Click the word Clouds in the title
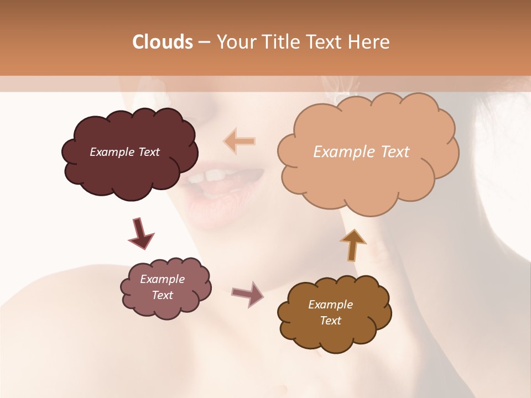162,42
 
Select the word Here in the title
369,42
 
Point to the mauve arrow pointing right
248,294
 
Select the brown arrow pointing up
353,245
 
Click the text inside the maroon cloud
124,152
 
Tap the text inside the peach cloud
361,152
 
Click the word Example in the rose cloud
162,279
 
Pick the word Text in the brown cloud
330,321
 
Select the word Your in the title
232,42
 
